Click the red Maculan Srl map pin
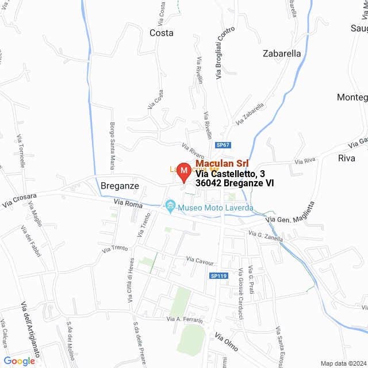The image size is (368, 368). (x=183, y=172)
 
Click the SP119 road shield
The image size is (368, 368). (x=218, y=277)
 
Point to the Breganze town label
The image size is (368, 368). (x=120, y=186)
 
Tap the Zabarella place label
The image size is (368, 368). (x=282, y=53)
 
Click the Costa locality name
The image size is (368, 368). (x=161, y=33)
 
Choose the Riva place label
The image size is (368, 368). (x=347, y=158)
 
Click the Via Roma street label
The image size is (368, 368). (x=128, y=203)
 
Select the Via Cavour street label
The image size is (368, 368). (x=200, y=260)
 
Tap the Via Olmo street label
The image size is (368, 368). (x=227, y=343)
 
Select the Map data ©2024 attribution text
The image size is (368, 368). (x=343, y=363)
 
